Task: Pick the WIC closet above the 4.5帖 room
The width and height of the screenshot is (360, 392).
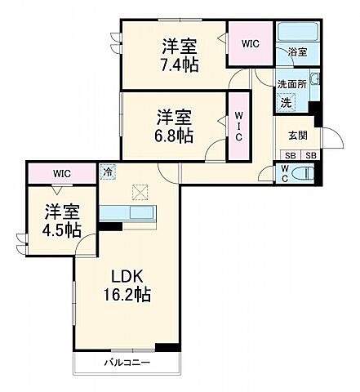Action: (x=63, y=173)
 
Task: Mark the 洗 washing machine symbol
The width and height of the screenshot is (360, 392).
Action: (x=286, y=102)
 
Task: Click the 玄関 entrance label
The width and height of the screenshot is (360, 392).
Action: (x=297, y=136)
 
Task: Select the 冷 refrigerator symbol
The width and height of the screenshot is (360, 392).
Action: (x=109, y=173)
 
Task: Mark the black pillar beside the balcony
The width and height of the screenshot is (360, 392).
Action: (x=167, y=348)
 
